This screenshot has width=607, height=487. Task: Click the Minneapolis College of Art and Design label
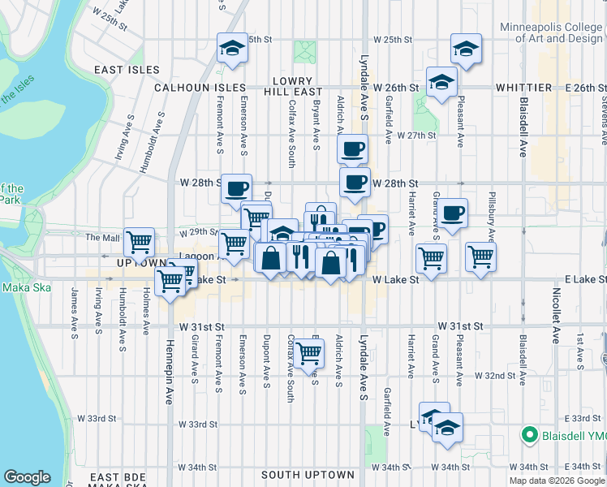[x=551, y=32]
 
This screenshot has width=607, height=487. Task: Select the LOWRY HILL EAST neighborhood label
[x=298, y=87]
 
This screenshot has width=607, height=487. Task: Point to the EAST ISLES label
[x=127, y=70]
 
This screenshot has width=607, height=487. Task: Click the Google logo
[x=27, y=477]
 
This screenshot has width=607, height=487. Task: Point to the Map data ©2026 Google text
[x=557, y=481]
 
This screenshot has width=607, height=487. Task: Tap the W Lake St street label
[x=395, y=279]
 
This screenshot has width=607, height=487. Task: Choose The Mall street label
[x=102, y=238]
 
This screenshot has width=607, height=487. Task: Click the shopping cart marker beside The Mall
[x=140, y=241]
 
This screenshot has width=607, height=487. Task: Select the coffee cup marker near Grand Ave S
[x=453, y=213]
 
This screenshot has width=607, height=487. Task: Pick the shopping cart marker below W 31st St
[x=308, y=354]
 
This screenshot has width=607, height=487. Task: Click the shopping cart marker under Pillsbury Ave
[x=481, y=257]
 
